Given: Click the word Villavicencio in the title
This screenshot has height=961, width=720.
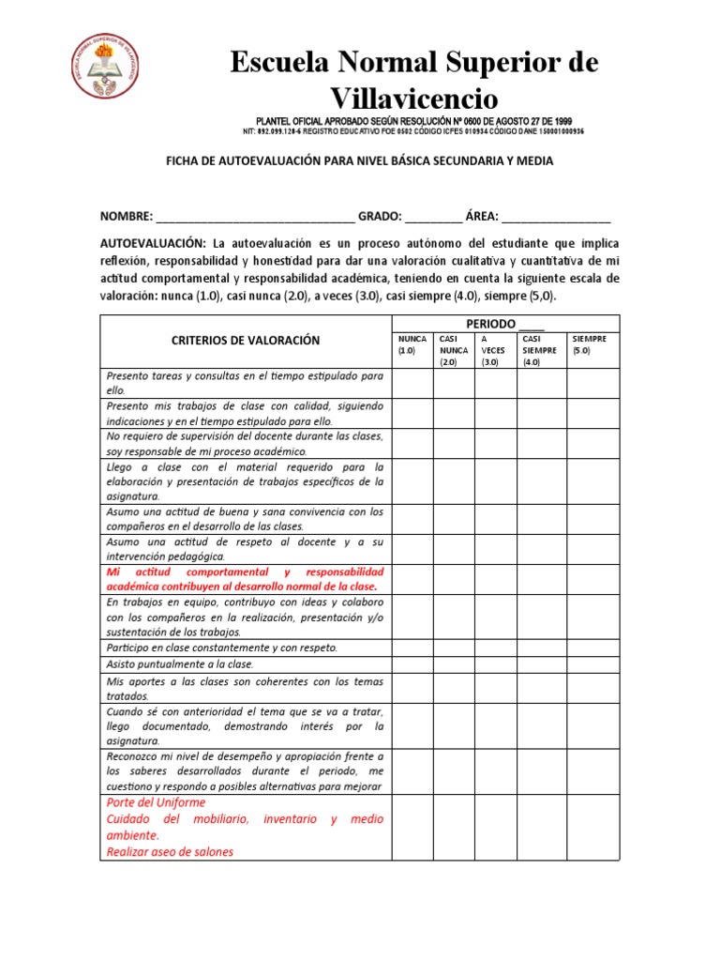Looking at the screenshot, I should point(415,98).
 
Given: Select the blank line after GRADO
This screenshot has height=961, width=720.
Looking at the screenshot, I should point(433,217).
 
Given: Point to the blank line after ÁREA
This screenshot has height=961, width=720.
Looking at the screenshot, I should point(556,217).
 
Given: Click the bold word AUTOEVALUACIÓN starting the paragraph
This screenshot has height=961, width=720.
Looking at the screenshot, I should point(153,243).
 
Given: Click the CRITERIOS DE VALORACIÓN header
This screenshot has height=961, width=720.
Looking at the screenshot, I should point(246,341).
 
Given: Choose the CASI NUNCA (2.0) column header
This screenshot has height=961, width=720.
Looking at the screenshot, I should point(454,350).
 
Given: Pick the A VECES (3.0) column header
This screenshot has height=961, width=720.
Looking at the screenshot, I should point(495,350).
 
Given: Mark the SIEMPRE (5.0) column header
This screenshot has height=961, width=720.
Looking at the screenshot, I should point(592,344).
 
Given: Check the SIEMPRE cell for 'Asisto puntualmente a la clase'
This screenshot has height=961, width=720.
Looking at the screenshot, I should point(592,664).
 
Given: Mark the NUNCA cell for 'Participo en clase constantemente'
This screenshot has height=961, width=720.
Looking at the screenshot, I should point(412,648).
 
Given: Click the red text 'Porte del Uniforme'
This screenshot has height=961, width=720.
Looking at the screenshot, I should point(157,803).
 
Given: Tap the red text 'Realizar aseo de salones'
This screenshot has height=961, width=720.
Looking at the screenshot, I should point(170,851).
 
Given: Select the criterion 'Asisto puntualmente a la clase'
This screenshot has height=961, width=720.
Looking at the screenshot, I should point(181,664).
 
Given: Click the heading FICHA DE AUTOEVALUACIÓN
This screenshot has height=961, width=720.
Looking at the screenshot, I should point(359,161).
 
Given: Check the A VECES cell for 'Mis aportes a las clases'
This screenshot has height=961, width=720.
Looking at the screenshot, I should point(495,688).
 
